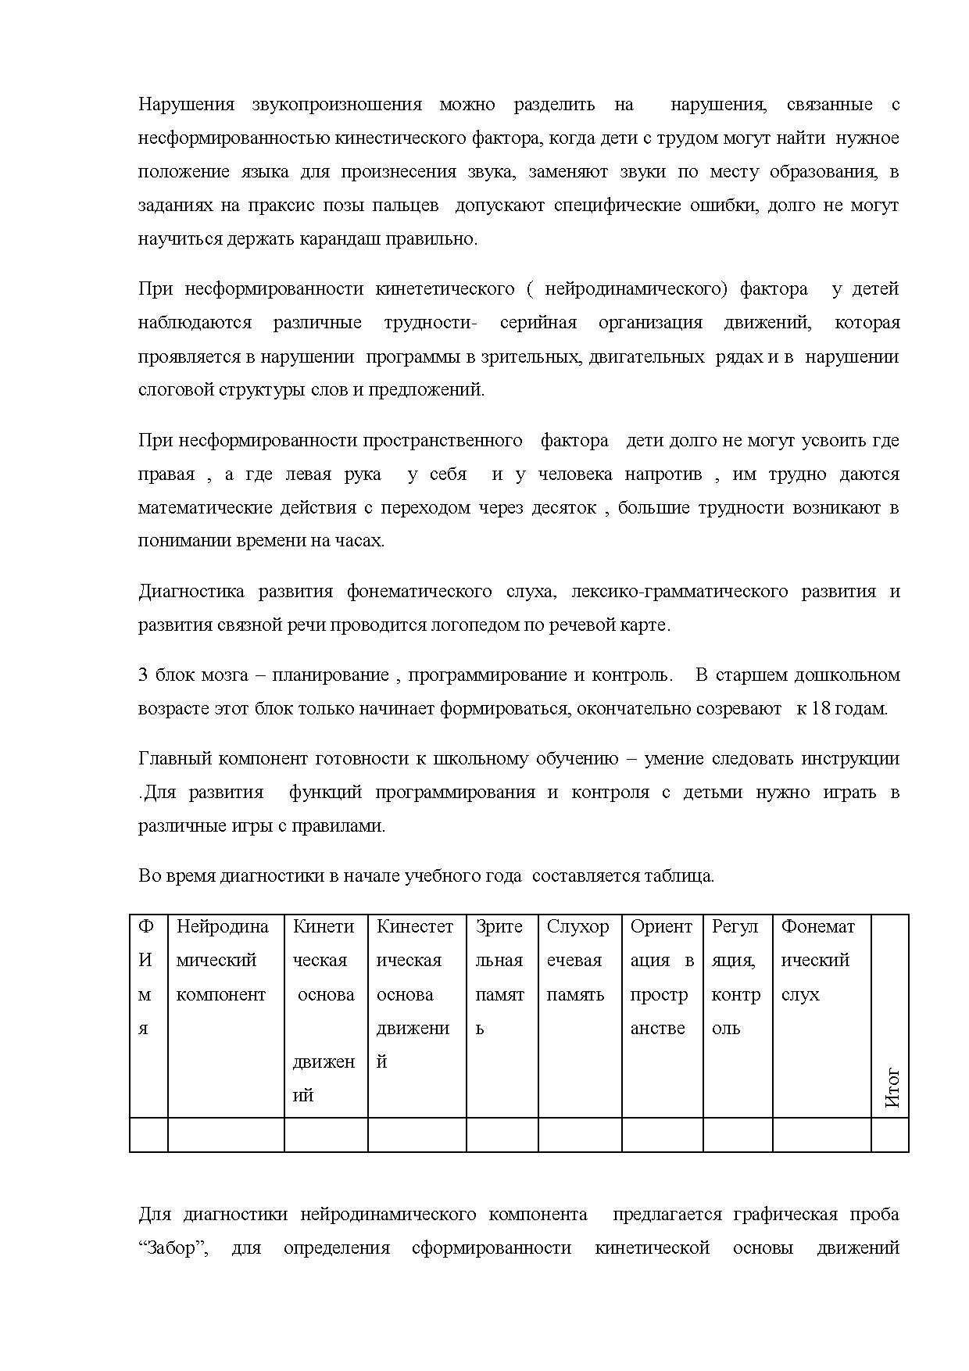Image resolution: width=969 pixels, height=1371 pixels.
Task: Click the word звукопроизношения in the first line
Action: click(x=337, y=105)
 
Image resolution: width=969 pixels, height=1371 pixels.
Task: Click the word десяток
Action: click(x=564, y=508)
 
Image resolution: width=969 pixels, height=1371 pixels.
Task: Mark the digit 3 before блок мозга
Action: click(x=143, y=675)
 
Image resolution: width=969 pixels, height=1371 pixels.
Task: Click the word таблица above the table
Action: click(x=678, y=876)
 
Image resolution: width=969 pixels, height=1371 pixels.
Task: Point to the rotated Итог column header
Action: click(x=892, y=1088)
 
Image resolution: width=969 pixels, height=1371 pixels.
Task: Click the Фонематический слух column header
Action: click(x=817, y=961)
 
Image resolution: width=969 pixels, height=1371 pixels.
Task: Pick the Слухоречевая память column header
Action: click(x=577, y=961)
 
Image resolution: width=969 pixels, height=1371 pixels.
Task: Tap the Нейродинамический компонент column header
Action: click(x=222, y=961)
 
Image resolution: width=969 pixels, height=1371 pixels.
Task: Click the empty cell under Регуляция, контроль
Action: click(x=737, y=1135)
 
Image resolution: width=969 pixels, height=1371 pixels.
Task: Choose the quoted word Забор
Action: click(x=173, y=1248)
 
